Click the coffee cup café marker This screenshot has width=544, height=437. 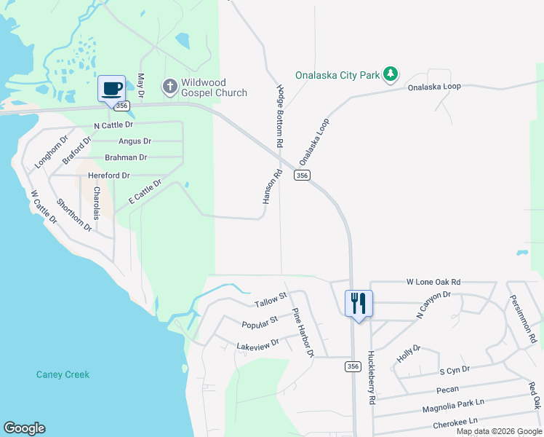(x=111, y=90)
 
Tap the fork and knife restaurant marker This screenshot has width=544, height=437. (x=359, y=303)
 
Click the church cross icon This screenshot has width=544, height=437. (x=169, y=87)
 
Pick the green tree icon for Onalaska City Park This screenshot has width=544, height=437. (x=391, y=74)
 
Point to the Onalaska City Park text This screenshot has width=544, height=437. (x=338, y=74)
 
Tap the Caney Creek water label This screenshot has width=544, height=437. (x=63, y=374)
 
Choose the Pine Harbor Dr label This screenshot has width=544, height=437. (x=303, y=333)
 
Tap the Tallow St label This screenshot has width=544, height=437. (x=271, y=299)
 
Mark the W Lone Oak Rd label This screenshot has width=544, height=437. (x=433, y=282)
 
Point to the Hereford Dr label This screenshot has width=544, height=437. (x=108, y=176)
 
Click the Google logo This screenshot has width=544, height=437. (x=24, y=428)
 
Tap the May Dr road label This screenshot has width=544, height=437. (x=141, y=87)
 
